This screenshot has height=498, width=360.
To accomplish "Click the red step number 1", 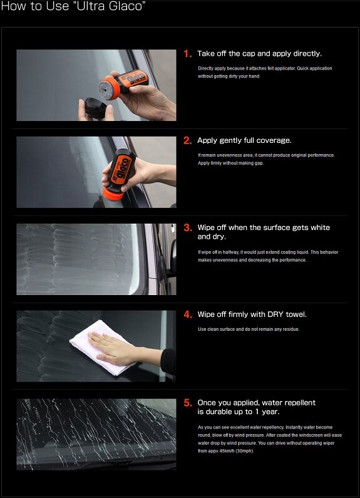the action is tap(187, 54).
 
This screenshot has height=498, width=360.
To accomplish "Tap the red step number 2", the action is tap(187, 140).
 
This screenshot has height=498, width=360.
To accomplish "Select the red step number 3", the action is tap(187, 227).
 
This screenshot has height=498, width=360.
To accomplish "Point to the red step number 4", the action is tap(187, 314).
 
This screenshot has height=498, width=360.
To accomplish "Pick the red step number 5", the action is tap(187, 403).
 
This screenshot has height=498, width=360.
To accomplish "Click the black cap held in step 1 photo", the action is tap(96, 108).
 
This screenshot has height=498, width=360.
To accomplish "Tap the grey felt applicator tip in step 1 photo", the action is tap(105, 88).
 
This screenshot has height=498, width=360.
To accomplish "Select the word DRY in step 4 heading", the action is tap(275, 314).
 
